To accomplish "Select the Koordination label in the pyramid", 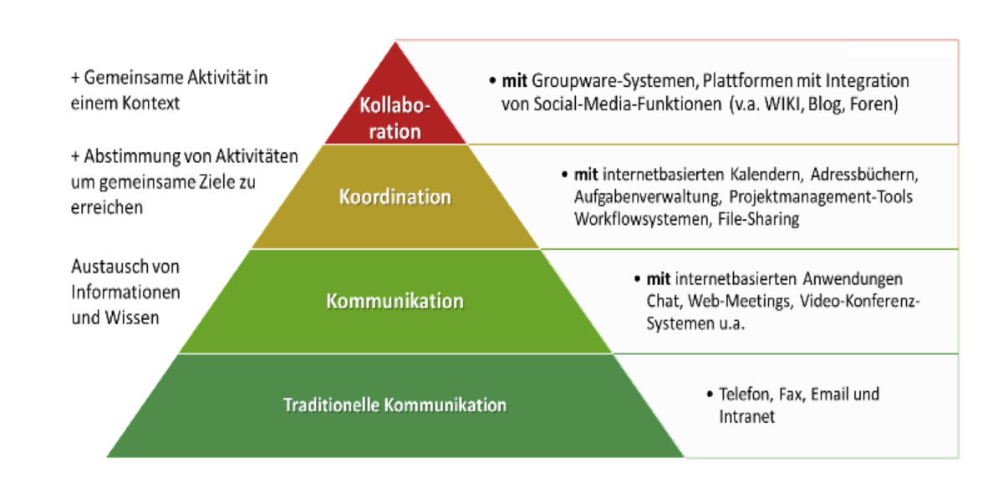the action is tap(395, 197).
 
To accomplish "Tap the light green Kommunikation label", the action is tap(395, 301).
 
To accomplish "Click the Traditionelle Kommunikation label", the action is tap(395, 405).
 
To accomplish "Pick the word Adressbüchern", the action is tap(864, 175).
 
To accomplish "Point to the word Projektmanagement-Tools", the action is tap(821, 197).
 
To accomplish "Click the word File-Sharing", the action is tap(759, 219).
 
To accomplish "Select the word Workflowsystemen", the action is tap(643, 219).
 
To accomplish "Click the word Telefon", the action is tap(746, 395).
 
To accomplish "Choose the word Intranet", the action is tap(746, 417).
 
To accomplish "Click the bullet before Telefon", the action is tap(710, 395).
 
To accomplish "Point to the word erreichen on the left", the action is tap(107, 207).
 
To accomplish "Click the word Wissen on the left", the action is tap(132, 318).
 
